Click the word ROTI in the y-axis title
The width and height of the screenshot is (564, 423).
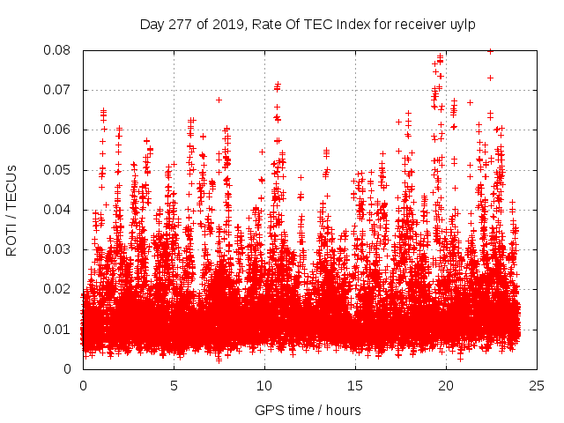[x=11, y=237]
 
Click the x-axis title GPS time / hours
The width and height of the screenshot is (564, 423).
[x=308, y=410]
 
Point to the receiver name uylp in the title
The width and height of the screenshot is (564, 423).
[x=462, y=24]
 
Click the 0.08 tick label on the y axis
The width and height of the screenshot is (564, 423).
[x=60, y=50]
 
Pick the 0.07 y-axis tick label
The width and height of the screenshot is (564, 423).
[x=60, y=90]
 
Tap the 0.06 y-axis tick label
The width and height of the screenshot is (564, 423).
[x=60, y=130]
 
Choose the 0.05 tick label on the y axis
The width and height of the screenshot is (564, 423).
[x=60, y=170]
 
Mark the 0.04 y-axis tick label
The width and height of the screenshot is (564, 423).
[x=60, y=210]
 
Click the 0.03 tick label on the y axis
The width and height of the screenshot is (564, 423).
[x=60, y=249]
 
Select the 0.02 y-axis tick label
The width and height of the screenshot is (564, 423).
[x=60, y=289]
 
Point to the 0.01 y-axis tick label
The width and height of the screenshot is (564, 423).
[x=60, y=329]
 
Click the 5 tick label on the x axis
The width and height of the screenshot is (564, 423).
[x=174, y=385]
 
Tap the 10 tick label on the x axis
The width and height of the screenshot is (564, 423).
[x=264, y=385]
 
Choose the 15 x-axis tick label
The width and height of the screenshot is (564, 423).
[x=355, y=385]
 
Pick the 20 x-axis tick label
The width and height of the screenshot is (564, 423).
[x=446, y=385]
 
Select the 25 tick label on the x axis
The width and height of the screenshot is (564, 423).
[x=537, y=385]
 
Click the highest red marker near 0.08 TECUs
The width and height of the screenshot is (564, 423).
[x=490, y=51]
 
